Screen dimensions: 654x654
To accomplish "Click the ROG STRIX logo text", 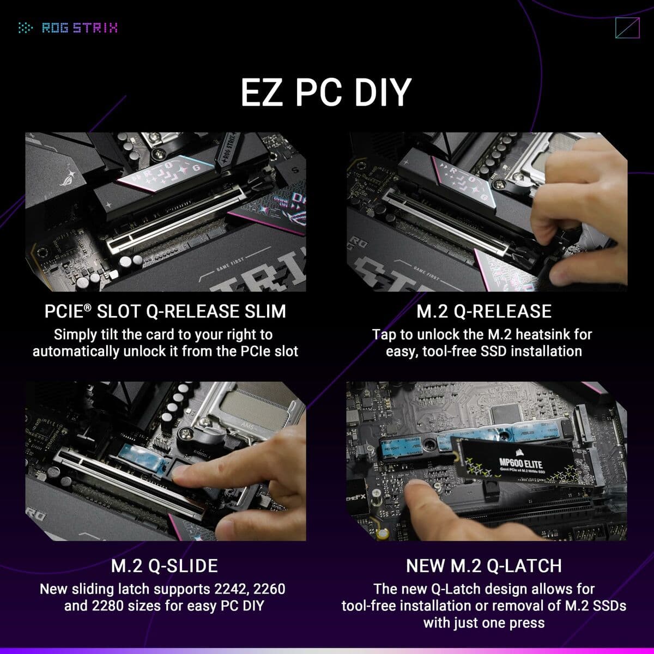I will click(x=80, y=27).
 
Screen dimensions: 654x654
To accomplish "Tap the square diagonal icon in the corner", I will click(x=626, y=28).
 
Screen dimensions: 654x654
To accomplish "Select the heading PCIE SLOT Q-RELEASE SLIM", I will click(x=165, y=311).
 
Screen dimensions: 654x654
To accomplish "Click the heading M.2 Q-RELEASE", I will click(x=484, y=311).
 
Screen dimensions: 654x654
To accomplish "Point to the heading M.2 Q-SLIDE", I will click(x=165, y=566).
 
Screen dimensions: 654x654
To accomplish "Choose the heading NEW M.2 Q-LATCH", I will click(x=484, y=566).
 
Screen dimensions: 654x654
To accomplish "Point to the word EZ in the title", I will click(x=261, y=92).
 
